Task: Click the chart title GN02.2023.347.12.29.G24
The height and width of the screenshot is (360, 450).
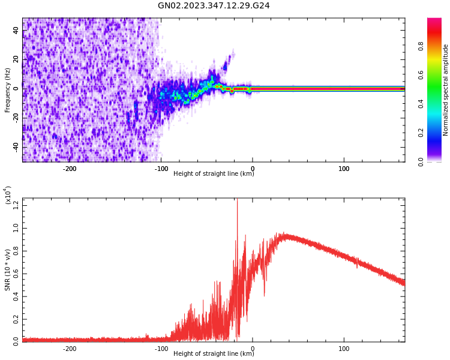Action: click(214, 5)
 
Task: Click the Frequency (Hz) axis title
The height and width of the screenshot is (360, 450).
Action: click(8, 90)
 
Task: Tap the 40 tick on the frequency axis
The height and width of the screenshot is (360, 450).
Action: click(16, 31)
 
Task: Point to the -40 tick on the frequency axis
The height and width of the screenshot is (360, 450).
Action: click(14, 146)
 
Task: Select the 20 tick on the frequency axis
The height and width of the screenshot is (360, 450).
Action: click(16, 59)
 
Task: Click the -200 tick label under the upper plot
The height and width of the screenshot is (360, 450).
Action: click(69, 169)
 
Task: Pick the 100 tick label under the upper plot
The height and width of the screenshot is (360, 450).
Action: click(344, 169)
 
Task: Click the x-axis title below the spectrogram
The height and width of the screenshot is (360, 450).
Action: click(214, 174)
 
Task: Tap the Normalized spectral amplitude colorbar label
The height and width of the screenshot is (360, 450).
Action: click(446, 90)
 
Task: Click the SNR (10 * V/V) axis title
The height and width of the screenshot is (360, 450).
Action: click(8, 270)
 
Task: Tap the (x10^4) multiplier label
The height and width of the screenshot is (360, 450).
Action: click(8, 196)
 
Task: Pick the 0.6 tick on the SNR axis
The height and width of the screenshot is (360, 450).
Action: click(16, 274)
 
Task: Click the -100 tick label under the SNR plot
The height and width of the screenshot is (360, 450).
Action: click(161, 349)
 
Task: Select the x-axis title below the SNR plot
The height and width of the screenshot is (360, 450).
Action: click(214, 354)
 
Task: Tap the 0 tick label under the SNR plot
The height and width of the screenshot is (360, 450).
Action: click(253, 349)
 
